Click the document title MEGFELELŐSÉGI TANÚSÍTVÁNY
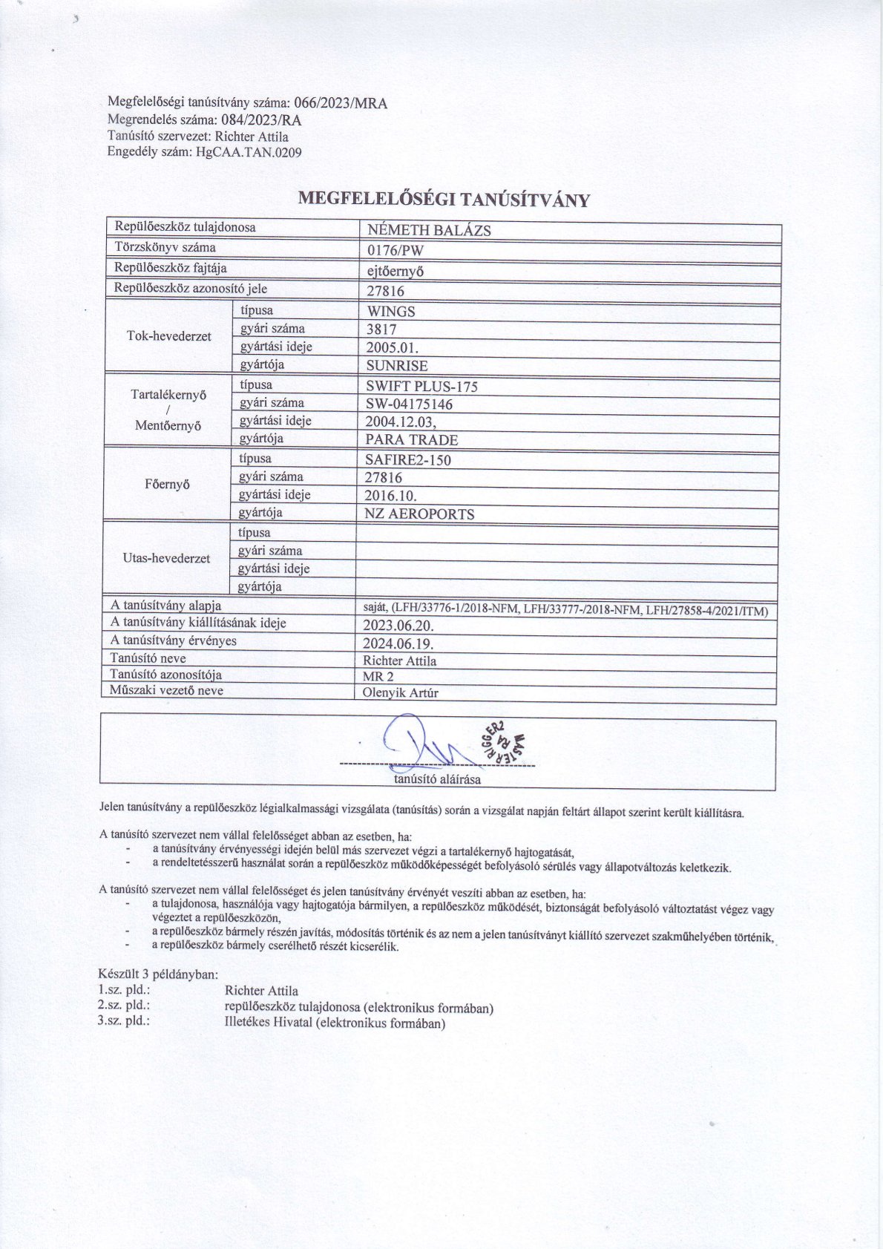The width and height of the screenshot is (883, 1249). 443,200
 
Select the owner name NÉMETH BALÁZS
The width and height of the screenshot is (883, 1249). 429,230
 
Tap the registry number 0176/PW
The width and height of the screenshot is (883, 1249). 395,250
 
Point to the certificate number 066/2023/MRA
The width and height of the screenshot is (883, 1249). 341,103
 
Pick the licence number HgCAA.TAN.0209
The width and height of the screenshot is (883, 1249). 249,153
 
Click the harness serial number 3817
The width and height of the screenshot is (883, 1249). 381,330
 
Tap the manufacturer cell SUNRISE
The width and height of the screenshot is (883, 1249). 397,366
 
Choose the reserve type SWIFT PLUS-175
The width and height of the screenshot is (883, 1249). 421,386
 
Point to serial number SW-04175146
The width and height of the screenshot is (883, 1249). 409,404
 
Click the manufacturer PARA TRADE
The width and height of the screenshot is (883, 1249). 412,440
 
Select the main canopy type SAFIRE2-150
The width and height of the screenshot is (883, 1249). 408,460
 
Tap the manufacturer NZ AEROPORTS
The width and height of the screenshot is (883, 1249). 419,514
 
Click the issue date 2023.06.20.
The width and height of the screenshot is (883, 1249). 398,626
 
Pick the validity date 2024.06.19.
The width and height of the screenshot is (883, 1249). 398,643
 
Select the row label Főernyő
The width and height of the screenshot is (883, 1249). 167,485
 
